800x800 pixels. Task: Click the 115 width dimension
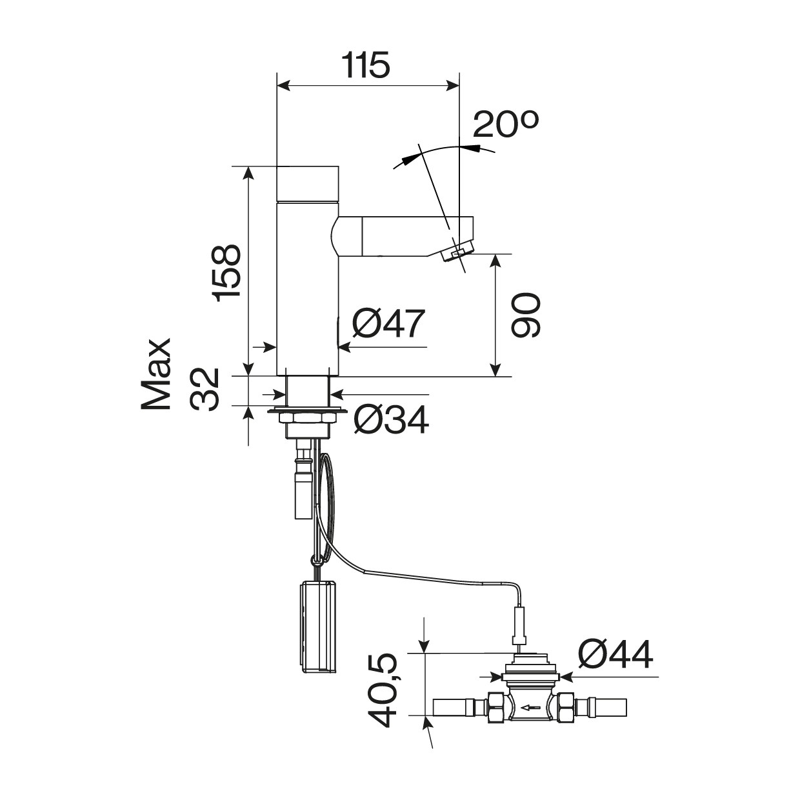(366, 65)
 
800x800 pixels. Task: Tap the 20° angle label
(505, 124)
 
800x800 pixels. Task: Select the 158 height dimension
(226, 273)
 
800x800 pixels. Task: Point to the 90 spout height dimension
(526, 315)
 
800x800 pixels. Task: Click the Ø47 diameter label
(388, 323)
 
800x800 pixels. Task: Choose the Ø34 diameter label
(391, 420)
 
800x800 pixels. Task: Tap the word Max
(156, 374)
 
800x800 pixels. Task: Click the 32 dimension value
(205, 390)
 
